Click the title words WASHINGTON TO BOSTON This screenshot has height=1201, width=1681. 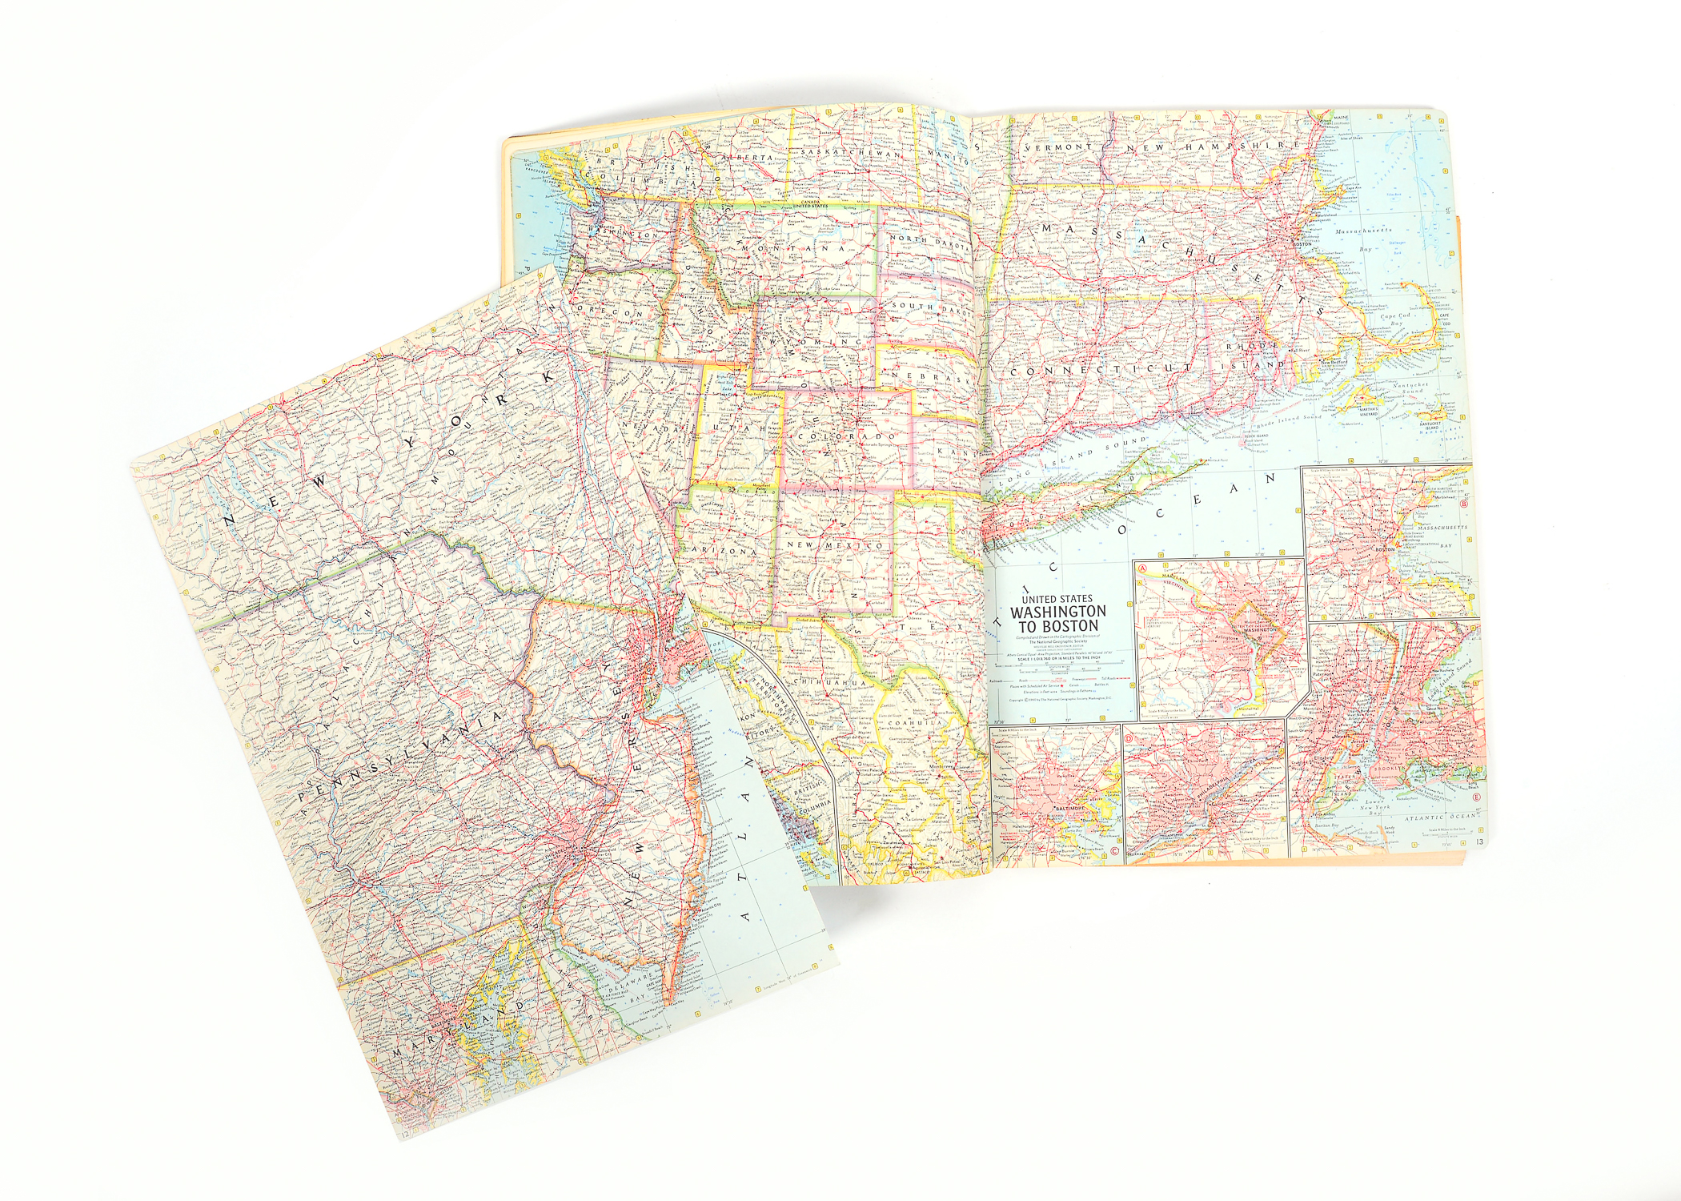[x=1058, y=618]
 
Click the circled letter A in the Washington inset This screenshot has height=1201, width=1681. [x=1145, y=568]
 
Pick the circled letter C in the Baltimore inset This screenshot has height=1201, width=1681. [x=1114, y=850]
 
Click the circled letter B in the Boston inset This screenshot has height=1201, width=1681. [x=1464, y=504]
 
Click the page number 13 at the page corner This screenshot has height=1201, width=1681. [x=1479, y=842]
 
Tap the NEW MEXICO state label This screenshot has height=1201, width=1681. [x=835, y=545]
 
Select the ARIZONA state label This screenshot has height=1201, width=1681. [x=729, y=552]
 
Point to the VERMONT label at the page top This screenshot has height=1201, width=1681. [x=1057, y=149]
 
